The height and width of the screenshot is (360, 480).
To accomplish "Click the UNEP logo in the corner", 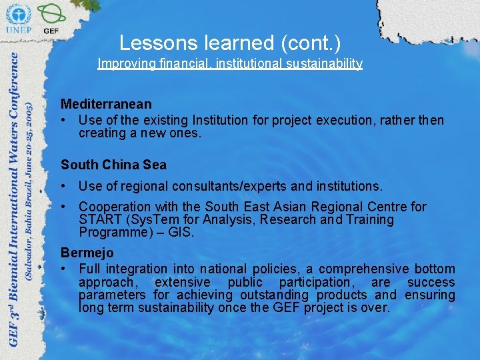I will click(18, 18).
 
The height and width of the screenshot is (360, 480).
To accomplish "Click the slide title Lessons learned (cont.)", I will click(230, 43).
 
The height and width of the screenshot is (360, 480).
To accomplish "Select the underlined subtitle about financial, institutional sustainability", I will click(230, 64).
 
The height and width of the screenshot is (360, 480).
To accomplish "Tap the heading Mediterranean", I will click(106, 105).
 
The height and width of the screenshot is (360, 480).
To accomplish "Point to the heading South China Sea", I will click(113, 165).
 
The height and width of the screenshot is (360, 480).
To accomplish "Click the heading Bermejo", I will click(87, 253).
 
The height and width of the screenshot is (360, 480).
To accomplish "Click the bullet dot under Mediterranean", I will click(64, 121).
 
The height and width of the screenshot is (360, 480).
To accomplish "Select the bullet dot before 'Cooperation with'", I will click(64, 207).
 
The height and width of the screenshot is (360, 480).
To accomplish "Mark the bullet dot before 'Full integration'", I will click(64, 269).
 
